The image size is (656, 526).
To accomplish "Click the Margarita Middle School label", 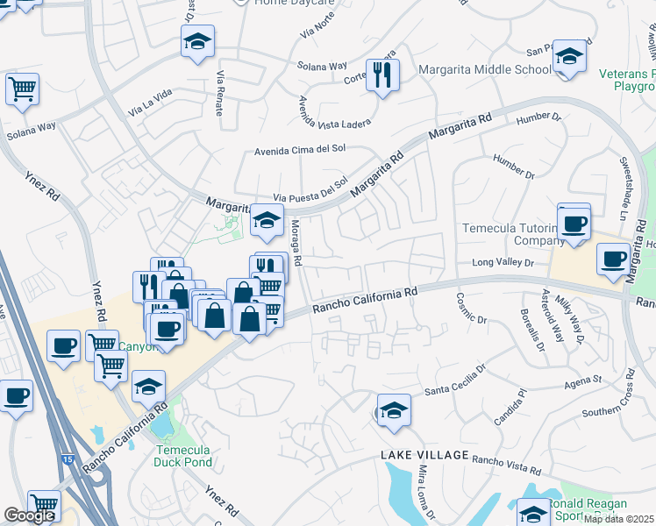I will (484, 70).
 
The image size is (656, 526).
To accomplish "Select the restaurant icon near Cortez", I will (382, 75).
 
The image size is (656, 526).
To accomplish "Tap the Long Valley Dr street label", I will (503, 262).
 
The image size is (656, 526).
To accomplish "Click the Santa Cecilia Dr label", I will (454, 386).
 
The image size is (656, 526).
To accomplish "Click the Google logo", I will (29, 515).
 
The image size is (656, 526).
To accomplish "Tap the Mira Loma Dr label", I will (428, 494).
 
